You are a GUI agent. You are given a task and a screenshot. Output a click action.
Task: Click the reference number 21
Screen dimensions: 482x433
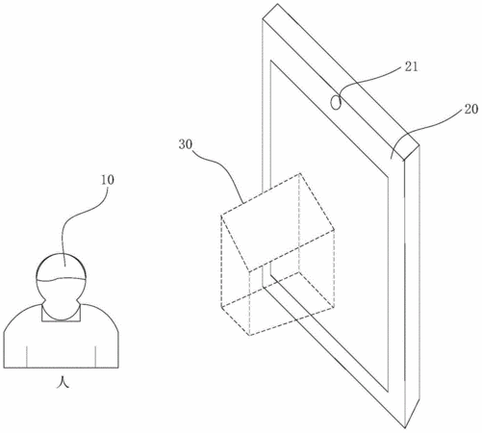412,66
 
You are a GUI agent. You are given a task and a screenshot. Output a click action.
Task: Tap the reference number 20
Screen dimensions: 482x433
470,109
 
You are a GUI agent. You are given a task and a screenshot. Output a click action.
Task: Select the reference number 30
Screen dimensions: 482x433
186,144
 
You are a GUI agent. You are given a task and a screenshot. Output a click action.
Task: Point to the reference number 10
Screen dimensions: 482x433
108,180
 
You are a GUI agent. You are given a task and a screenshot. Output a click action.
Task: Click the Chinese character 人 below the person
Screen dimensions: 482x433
63,382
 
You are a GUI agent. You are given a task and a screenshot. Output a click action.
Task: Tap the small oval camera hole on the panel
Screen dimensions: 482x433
336,102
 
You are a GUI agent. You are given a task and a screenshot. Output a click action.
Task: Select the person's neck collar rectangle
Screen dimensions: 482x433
61,313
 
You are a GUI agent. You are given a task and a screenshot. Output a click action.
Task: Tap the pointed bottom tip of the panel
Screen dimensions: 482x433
405,427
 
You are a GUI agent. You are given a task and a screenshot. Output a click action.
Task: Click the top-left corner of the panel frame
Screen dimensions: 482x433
263,19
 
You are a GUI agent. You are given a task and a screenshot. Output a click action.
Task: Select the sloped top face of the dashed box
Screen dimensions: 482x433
277,222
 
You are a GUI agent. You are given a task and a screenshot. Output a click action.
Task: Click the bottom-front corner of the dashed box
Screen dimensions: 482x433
249,336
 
